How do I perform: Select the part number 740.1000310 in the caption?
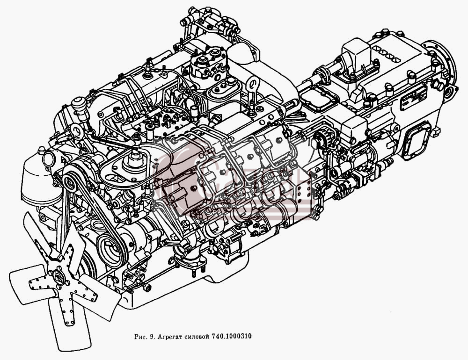pyautogui.click(x=232, y=337)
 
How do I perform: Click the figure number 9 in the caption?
pyautogui.click(x=152, y=337)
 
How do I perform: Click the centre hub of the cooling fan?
pyautogui.click(x=58, y=277)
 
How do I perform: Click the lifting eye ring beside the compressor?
pyautogui.click(x=253, y=83)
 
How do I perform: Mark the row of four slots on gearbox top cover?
pyautogui.click(x=386, y=54)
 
